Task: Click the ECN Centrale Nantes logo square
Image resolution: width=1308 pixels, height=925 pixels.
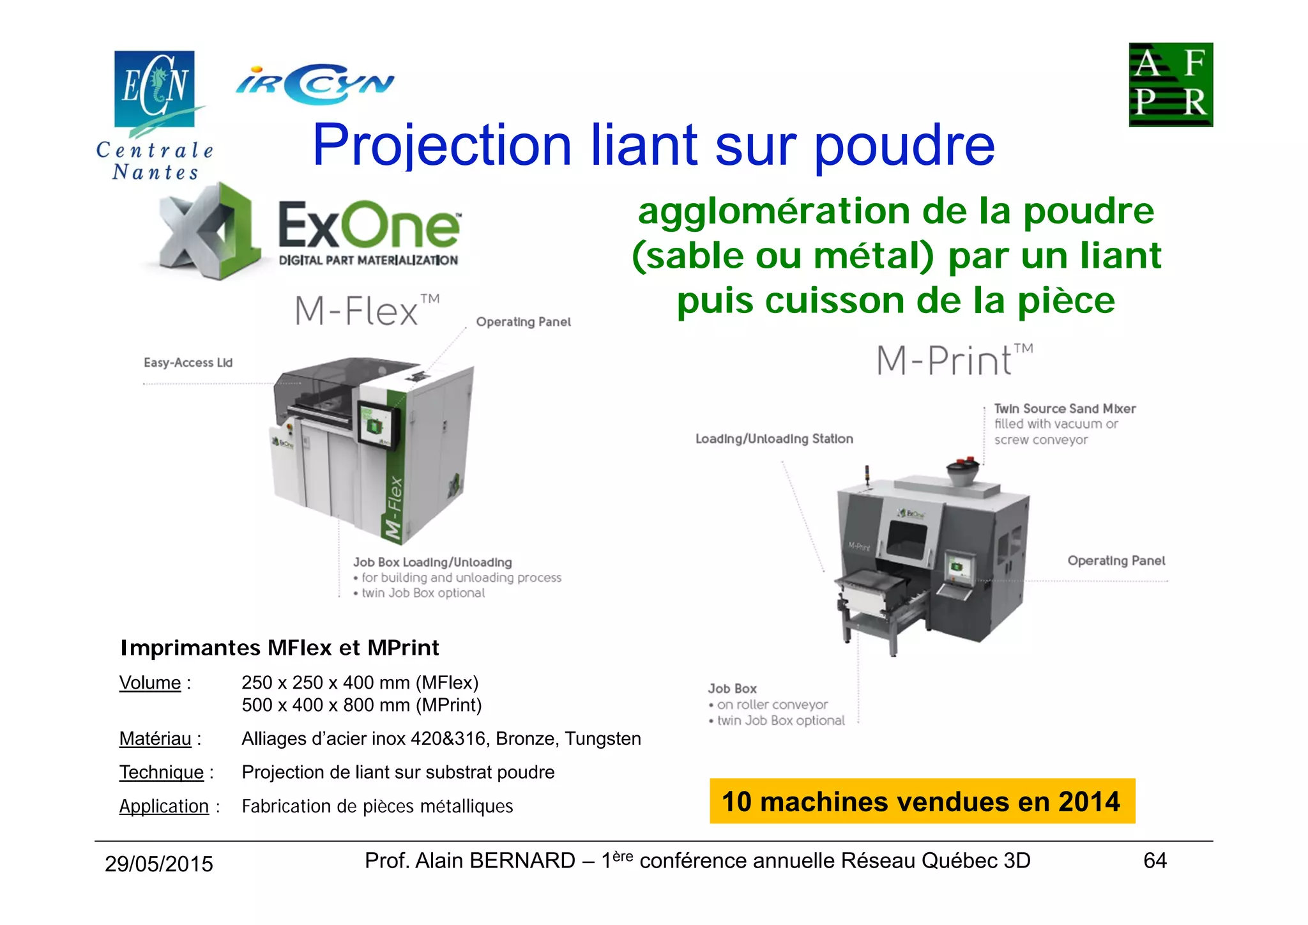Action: click(x=154, y=89)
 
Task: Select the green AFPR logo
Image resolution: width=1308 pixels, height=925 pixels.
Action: click(x=1170, y=85)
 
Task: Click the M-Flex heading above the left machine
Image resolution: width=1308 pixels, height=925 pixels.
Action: click(x=366, y=311)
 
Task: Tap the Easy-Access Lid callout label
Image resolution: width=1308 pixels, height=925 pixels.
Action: click(x=188, y=363)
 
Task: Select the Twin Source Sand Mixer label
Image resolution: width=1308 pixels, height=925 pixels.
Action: click(x=1065, y=409)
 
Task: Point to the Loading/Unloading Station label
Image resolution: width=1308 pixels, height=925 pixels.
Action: click(x=774, y=439)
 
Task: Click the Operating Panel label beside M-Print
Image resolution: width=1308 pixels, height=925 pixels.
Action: click(x=1116, y=561)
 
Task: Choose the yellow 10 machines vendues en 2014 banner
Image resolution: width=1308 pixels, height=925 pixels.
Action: click(x=922, y=801)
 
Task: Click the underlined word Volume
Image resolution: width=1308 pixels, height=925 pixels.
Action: click(x=150, y=683)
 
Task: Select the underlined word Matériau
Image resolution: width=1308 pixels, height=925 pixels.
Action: click(x=155, y=739)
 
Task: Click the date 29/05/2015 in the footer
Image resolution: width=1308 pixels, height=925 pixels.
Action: click(x=159, y=864)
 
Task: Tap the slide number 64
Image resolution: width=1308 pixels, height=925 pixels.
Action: click(x=1155, y=861)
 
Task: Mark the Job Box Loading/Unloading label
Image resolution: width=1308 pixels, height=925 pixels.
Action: click(x=432, y=562)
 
